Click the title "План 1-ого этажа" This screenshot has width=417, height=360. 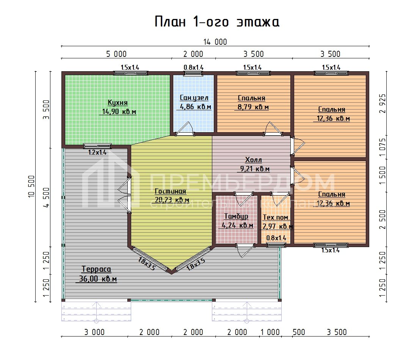tap(217, 22)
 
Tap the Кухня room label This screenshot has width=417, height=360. tap(118, 103)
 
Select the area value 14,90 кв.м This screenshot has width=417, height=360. tap(119, 112)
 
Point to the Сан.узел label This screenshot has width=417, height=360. tap(194, 98)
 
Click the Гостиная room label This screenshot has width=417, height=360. tap(171, 191)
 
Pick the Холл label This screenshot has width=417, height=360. tap(254, 160)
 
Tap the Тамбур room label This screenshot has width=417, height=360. tap(236, 216)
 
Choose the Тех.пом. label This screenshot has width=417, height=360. tap(276, 218)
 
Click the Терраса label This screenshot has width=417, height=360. tap(96, 269)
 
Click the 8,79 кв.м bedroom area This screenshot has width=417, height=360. tap(253, 107)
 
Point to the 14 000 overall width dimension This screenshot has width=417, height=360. tap(215, 42)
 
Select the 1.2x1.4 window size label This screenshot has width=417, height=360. tap(97, 153)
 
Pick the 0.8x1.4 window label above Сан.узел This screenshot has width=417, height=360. tap(194, 67)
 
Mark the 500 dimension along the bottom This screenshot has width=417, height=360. tap(299, 332)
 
